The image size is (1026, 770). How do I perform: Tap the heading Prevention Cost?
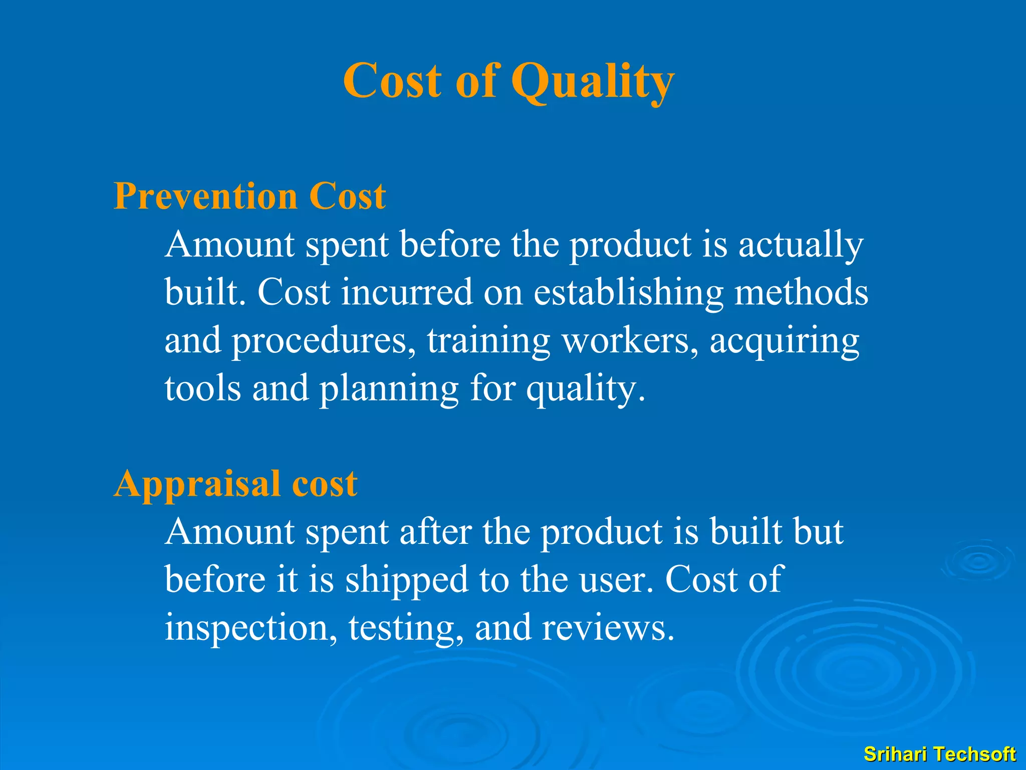(249, 196)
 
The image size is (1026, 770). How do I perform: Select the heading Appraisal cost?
(235, 484)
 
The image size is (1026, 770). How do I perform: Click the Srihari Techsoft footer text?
(939, 754)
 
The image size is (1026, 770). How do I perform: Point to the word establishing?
(628, 293)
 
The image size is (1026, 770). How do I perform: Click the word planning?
(389, 389)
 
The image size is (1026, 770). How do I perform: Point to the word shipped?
(406, 580)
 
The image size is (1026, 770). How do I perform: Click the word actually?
(801, 245)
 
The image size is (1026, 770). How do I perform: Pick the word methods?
(801, 293)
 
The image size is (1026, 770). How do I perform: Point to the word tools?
(203, 389)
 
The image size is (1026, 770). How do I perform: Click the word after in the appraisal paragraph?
(435, 531)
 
